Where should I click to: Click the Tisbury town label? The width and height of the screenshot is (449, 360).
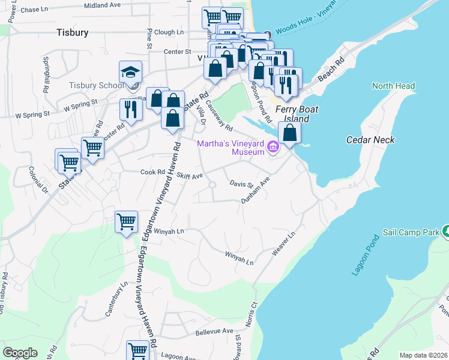[72, 32]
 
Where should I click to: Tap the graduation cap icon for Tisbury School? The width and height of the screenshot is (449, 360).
[130, 73]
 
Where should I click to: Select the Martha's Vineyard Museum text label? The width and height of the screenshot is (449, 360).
[231, 148]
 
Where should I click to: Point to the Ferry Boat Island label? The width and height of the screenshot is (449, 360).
[297, 114]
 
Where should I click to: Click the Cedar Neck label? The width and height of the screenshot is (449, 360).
[371, 140]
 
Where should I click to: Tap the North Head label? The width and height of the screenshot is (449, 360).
[393, 86]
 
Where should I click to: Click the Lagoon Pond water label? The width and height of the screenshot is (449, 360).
[366, 256]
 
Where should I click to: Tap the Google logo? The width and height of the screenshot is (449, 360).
[20, 353]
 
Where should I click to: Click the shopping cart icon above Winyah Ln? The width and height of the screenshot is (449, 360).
[127, 221]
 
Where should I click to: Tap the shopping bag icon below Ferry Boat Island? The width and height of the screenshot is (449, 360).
[289, 133]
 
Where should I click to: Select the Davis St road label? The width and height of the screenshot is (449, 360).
[242, 184]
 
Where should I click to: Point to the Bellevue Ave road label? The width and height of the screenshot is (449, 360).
[214, 331]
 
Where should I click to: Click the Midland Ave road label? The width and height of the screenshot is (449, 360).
[102, 5]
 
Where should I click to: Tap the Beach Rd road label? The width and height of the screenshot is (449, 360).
[331, 70]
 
